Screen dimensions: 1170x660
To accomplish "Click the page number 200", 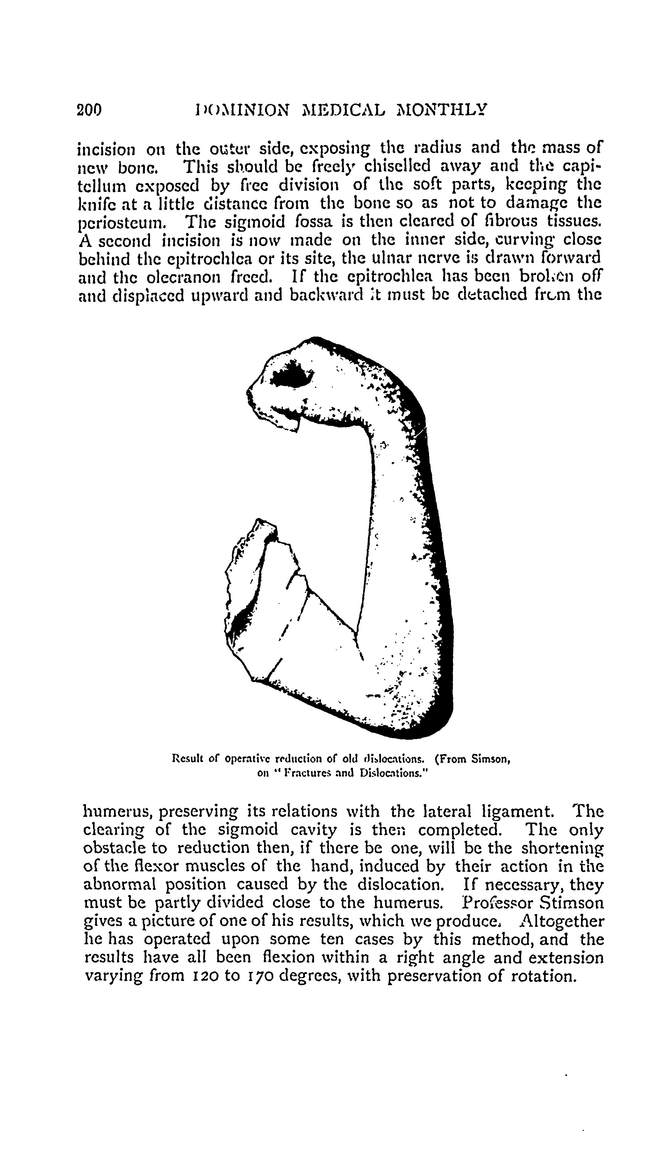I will point(90,110).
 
